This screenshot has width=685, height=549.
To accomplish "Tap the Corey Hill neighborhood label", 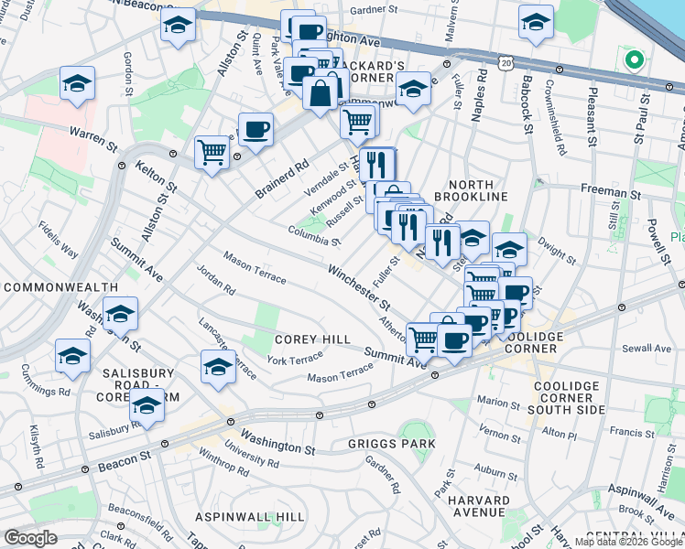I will [x=312, y=339].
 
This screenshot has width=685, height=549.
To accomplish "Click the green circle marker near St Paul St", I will [x=632, y=61].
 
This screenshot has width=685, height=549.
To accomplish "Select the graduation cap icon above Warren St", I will [x=78, y=82].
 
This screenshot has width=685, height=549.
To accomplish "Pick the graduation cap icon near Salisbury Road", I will [x=147, y=404].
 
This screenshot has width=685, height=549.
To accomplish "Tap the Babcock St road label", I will [x=527, y=108].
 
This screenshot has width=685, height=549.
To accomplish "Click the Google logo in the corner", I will [x=30, y=538].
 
